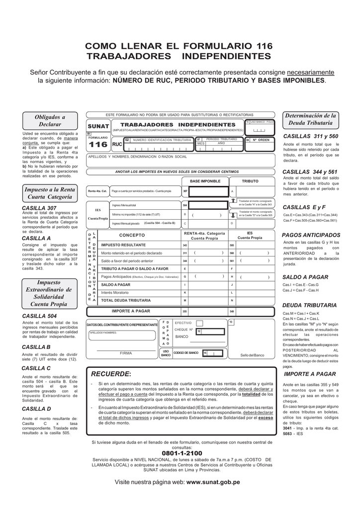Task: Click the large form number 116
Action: [98, 145]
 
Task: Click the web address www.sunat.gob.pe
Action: [213, 482]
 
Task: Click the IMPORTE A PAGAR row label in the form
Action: [131, 311]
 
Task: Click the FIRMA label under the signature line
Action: [126, 353]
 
